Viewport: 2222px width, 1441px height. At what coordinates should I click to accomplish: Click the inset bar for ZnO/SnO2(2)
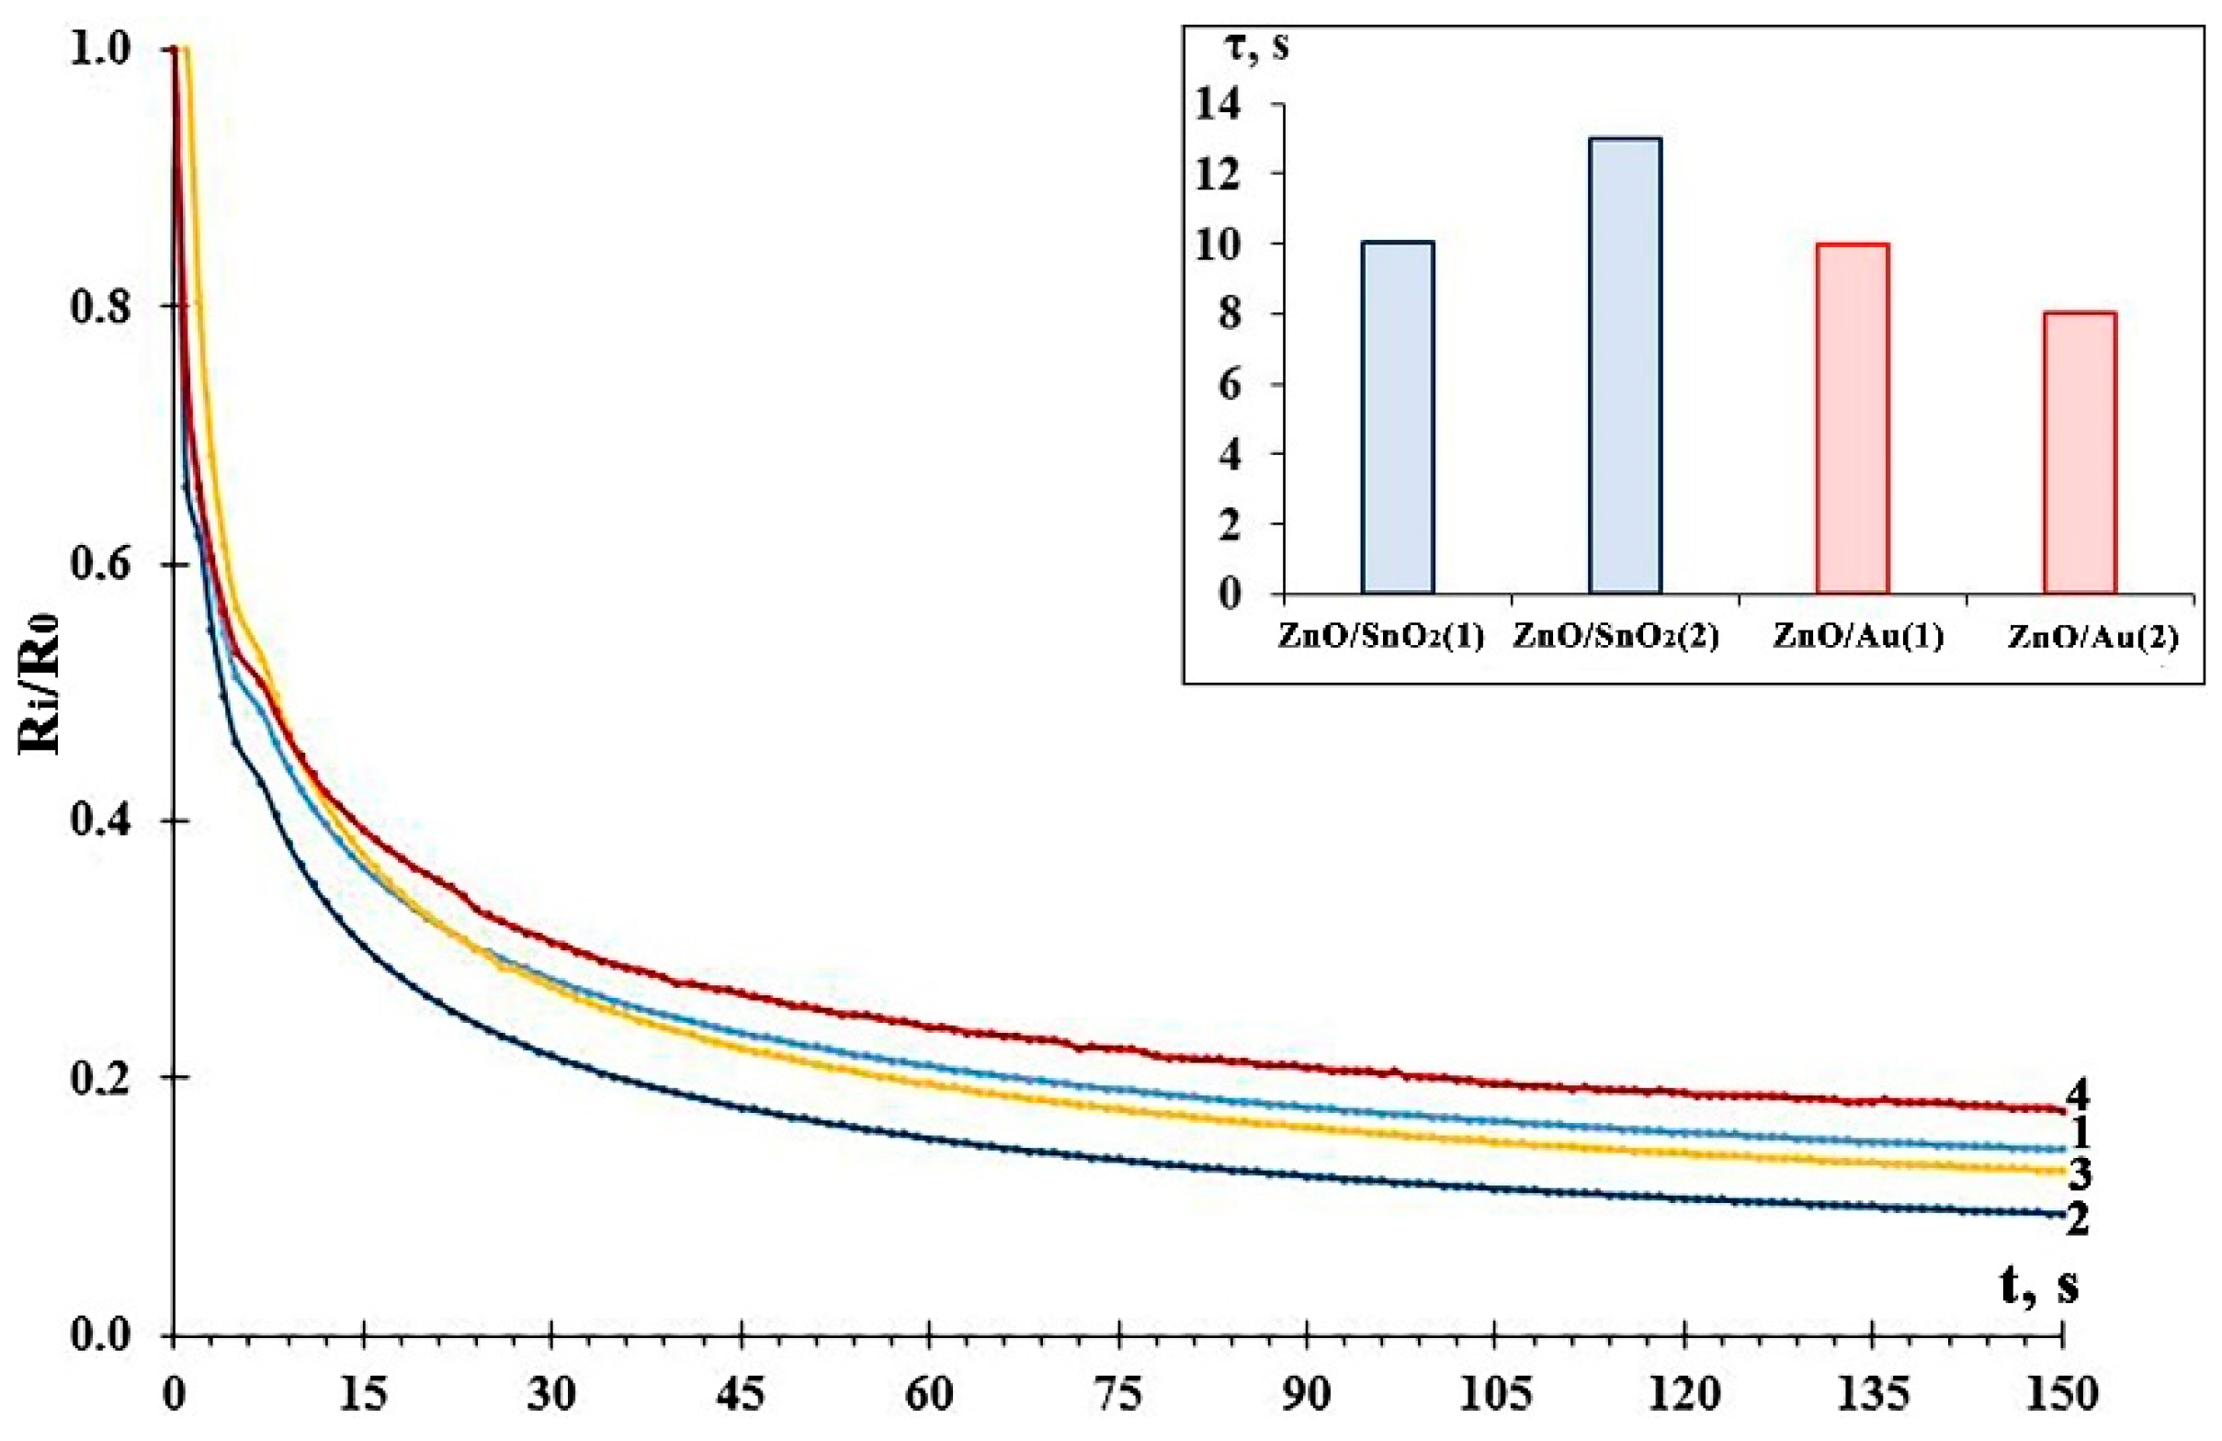pyautogui.click(x=1625, y=365)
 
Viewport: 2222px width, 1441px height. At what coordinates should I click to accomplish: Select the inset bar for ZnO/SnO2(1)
pyautogui.click(x=1398, y=417)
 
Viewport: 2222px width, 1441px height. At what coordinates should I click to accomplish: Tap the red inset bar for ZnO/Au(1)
pyautogui.click(x=1853, y=418)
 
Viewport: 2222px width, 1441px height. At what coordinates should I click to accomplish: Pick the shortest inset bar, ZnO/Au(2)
pyautogui.click(x=2080, y=453)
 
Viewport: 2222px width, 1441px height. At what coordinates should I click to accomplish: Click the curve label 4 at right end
pyautogui.click(x=2077, y=1094)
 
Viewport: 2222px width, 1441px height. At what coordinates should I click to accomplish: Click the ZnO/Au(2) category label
pyautogui.click(x=2092, y=638)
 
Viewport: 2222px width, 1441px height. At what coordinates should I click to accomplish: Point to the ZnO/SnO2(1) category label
pyautogui.click(x=1380, y=638)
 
